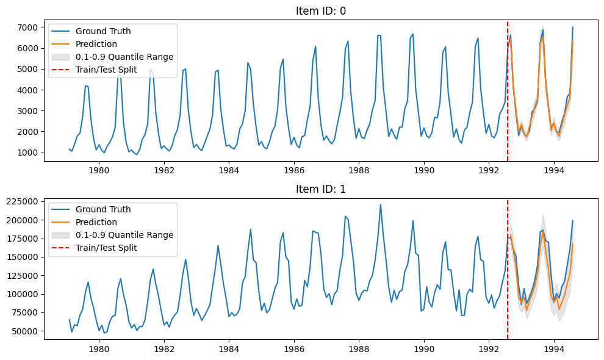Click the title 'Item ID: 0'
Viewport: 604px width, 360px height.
point(321,11)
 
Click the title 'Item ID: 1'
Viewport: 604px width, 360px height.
point(321,189)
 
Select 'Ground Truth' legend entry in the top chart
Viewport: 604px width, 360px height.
point(102,31)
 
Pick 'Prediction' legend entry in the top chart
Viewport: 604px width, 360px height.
point(96,44)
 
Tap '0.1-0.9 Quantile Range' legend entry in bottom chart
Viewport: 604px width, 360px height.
point(124,235)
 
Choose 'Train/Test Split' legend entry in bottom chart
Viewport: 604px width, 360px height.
point(106,248)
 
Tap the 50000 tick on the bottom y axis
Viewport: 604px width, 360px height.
point(27,331)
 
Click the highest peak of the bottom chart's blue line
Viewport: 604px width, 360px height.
point(380,204)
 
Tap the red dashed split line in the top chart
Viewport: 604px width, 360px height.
point(508,92)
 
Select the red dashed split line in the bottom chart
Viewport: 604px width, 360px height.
point(508,275)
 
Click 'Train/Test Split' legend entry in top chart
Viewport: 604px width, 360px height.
point(106,70)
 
